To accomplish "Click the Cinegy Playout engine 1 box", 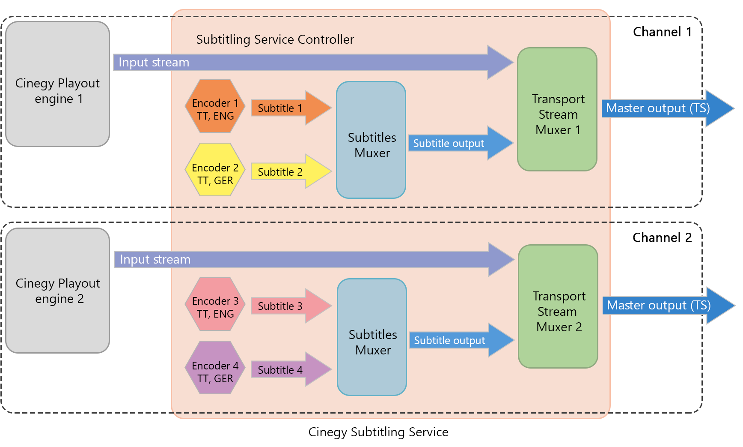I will coord(58,84).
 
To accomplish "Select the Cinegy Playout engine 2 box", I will coord(58,291).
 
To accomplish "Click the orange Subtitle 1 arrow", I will coord(287,108).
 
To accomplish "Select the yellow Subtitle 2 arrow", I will coord(287,172).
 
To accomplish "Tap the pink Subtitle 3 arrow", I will coord(287,306).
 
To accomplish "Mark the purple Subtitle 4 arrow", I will coord(287,370).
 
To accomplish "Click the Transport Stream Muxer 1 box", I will coord(557,110).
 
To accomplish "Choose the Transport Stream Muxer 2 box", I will coord(558,307).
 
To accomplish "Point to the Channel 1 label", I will coord(662,32).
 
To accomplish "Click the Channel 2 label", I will coord(662,238).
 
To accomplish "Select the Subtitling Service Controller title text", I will coord(275,40).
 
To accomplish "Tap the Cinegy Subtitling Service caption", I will coord(378,432).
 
